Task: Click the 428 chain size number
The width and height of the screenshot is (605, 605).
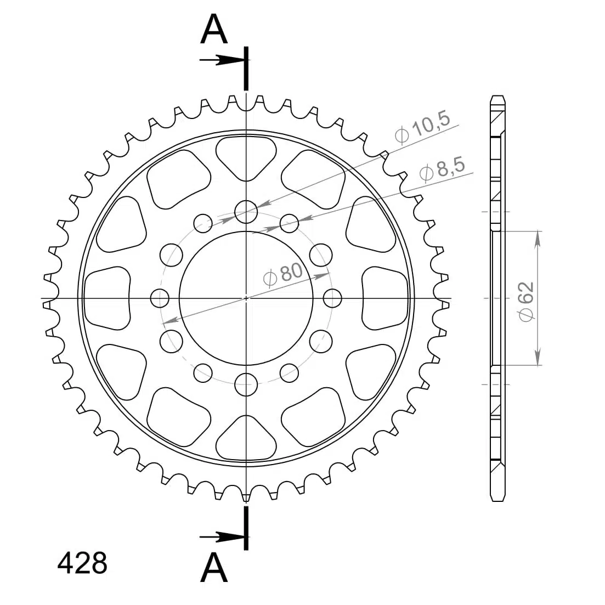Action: point(82,563)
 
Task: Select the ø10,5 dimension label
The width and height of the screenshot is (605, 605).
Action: point(422,127)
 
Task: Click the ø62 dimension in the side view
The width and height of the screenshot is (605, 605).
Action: point(526,301)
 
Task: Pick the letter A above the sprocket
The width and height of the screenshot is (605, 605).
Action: point(214,29)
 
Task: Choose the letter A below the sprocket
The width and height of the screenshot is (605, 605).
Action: point(214,568)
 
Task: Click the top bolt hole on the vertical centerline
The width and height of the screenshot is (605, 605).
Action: point(246,212)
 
